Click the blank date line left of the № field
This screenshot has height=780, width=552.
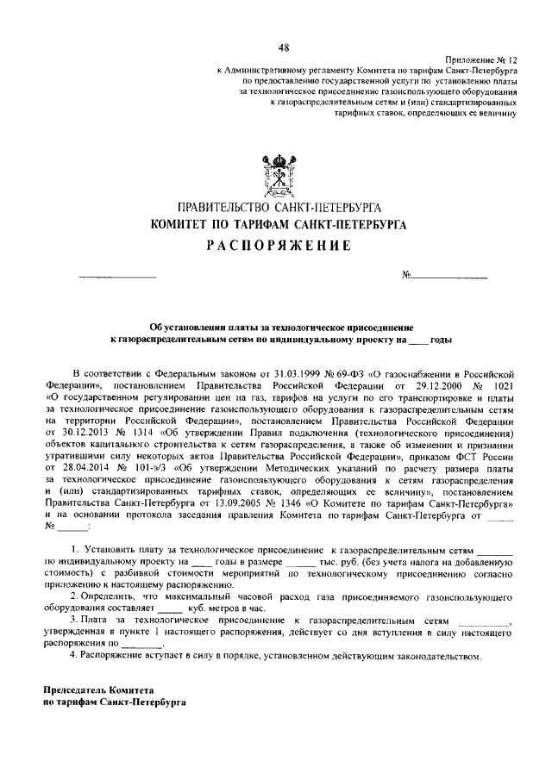(x=117, y=277)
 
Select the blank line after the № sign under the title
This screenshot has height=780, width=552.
(x=448, y=277)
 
